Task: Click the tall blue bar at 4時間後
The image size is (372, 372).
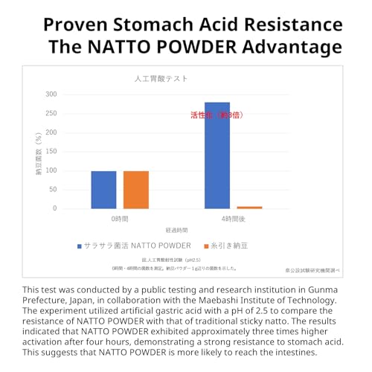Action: (217, 155)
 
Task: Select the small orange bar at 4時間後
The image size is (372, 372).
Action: (249, 207)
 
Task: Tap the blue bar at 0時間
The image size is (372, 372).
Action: (104, 190)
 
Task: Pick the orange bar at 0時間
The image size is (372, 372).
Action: (136, 190)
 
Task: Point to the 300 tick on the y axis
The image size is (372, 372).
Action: (51, 94)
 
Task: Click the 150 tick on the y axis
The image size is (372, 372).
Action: (51, 152)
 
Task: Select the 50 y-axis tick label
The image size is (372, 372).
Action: (52, 190)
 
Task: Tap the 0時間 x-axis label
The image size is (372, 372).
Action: (121, 221)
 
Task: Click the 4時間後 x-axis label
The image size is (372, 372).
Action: (233, 221)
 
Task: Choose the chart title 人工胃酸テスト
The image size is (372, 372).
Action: (161, 78)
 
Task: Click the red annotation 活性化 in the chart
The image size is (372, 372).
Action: (203, 115)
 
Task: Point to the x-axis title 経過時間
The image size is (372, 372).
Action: (176, 231)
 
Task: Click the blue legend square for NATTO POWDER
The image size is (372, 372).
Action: (79, 245)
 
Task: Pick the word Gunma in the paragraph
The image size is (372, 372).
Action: (317, 289)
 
